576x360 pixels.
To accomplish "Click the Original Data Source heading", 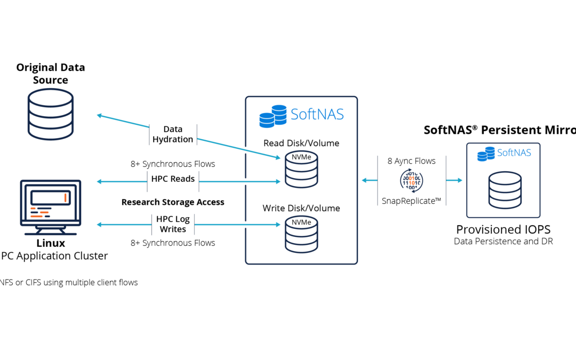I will [50, 74].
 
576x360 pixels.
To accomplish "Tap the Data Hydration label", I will [173, 134].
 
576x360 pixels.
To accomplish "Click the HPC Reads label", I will [173, 179].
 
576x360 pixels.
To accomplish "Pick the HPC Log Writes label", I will [173, 224].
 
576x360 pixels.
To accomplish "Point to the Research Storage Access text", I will [173, 202].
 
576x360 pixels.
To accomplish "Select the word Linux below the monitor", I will [50, 243].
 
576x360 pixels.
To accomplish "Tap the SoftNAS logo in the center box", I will [301, 115].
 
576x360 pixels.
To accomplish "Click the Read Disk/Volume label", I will [301, 143].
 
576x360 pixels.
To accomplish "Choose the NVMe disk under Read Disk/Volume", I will [301, 169].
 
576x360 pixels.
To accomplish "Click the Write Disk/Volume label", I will [301, 208].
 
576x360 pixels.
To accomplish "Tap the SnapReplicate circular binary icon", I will [412, 180].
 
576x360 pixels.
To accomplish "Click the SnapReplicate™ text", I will [412, 201].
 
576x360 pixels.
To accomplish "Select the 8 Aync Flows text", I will [412, 161].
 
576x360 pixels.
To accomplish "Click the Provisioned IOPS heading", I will [503, 229].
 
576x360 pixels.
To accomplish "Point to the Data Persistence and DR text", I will [503, 242].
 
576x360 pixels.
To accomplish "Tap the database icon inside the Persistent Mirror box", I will [505, 189].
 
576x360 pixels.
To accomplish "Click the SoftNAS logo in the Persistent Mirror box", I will [505, 153].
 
